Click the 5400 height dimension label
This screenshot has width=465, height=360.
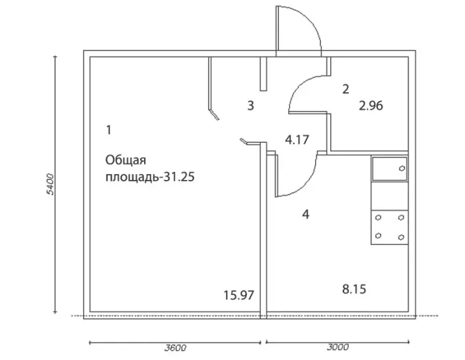51,184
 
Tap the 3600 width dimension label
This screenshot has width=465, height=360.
175,347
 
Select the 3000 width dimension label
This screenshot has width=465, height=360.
337,347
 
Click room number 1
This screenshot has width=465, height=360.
109,130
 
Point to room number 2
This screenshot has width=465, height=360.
345,89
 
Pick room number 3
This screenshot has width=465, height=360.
250,106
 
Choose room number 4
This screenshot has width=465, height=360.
306,214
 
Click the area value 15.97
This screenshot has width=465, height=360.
238,296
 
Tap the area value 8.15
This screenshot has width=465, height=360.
354,289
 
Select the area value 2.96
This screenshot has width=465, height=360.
371,106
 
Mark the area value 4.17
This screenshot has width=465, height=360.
297,139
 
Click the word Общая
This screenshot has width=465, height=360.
126,160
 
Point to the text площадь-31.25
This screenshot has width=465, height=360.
150,177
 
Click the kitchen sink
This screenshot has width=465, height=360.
390,169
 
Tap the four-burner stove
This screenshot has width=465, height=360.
390,227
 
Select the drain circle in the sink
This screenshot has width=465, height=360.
402,169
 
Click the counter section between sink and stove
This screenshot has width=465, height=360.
390,196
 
